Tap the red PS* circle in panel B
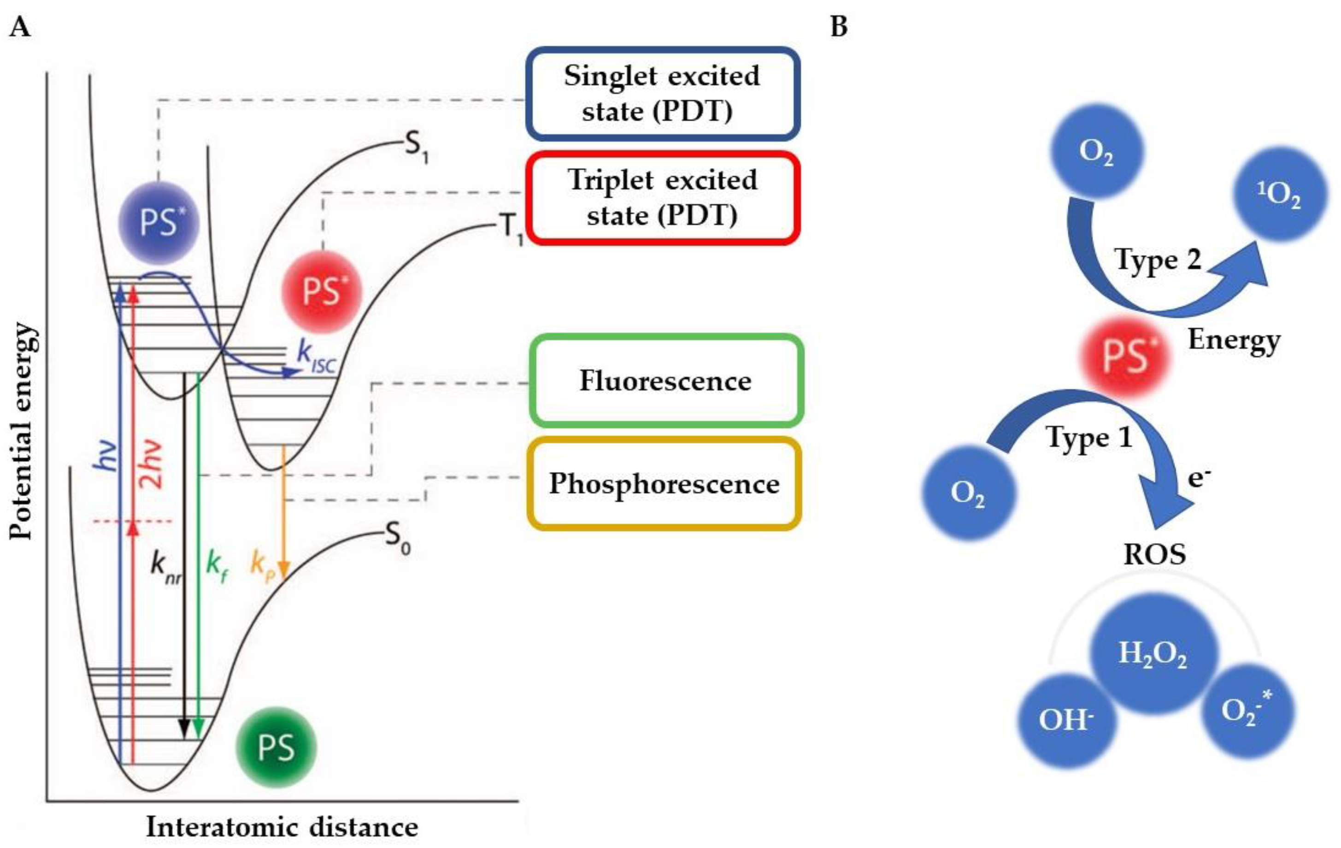pyautogui.click(x=1126, y=356)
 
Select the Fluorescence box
pyautogui.click(x=665, y=381)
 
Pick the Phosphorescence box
pyautogui.click(x=664, y=484)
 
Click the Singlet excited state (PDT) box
pyautogui.click(x=662, y=94)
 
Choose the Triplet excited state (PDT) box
pyautogui.click(x=662, y=198)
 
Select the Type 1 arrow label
pyautogui.click(x=1089, y=437)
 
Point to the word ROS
pyautogui.click(x=1154, y=554)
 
